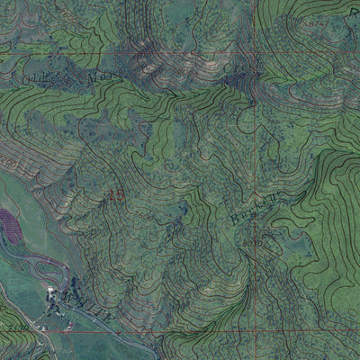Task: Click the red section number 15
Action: click(115, 194)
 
